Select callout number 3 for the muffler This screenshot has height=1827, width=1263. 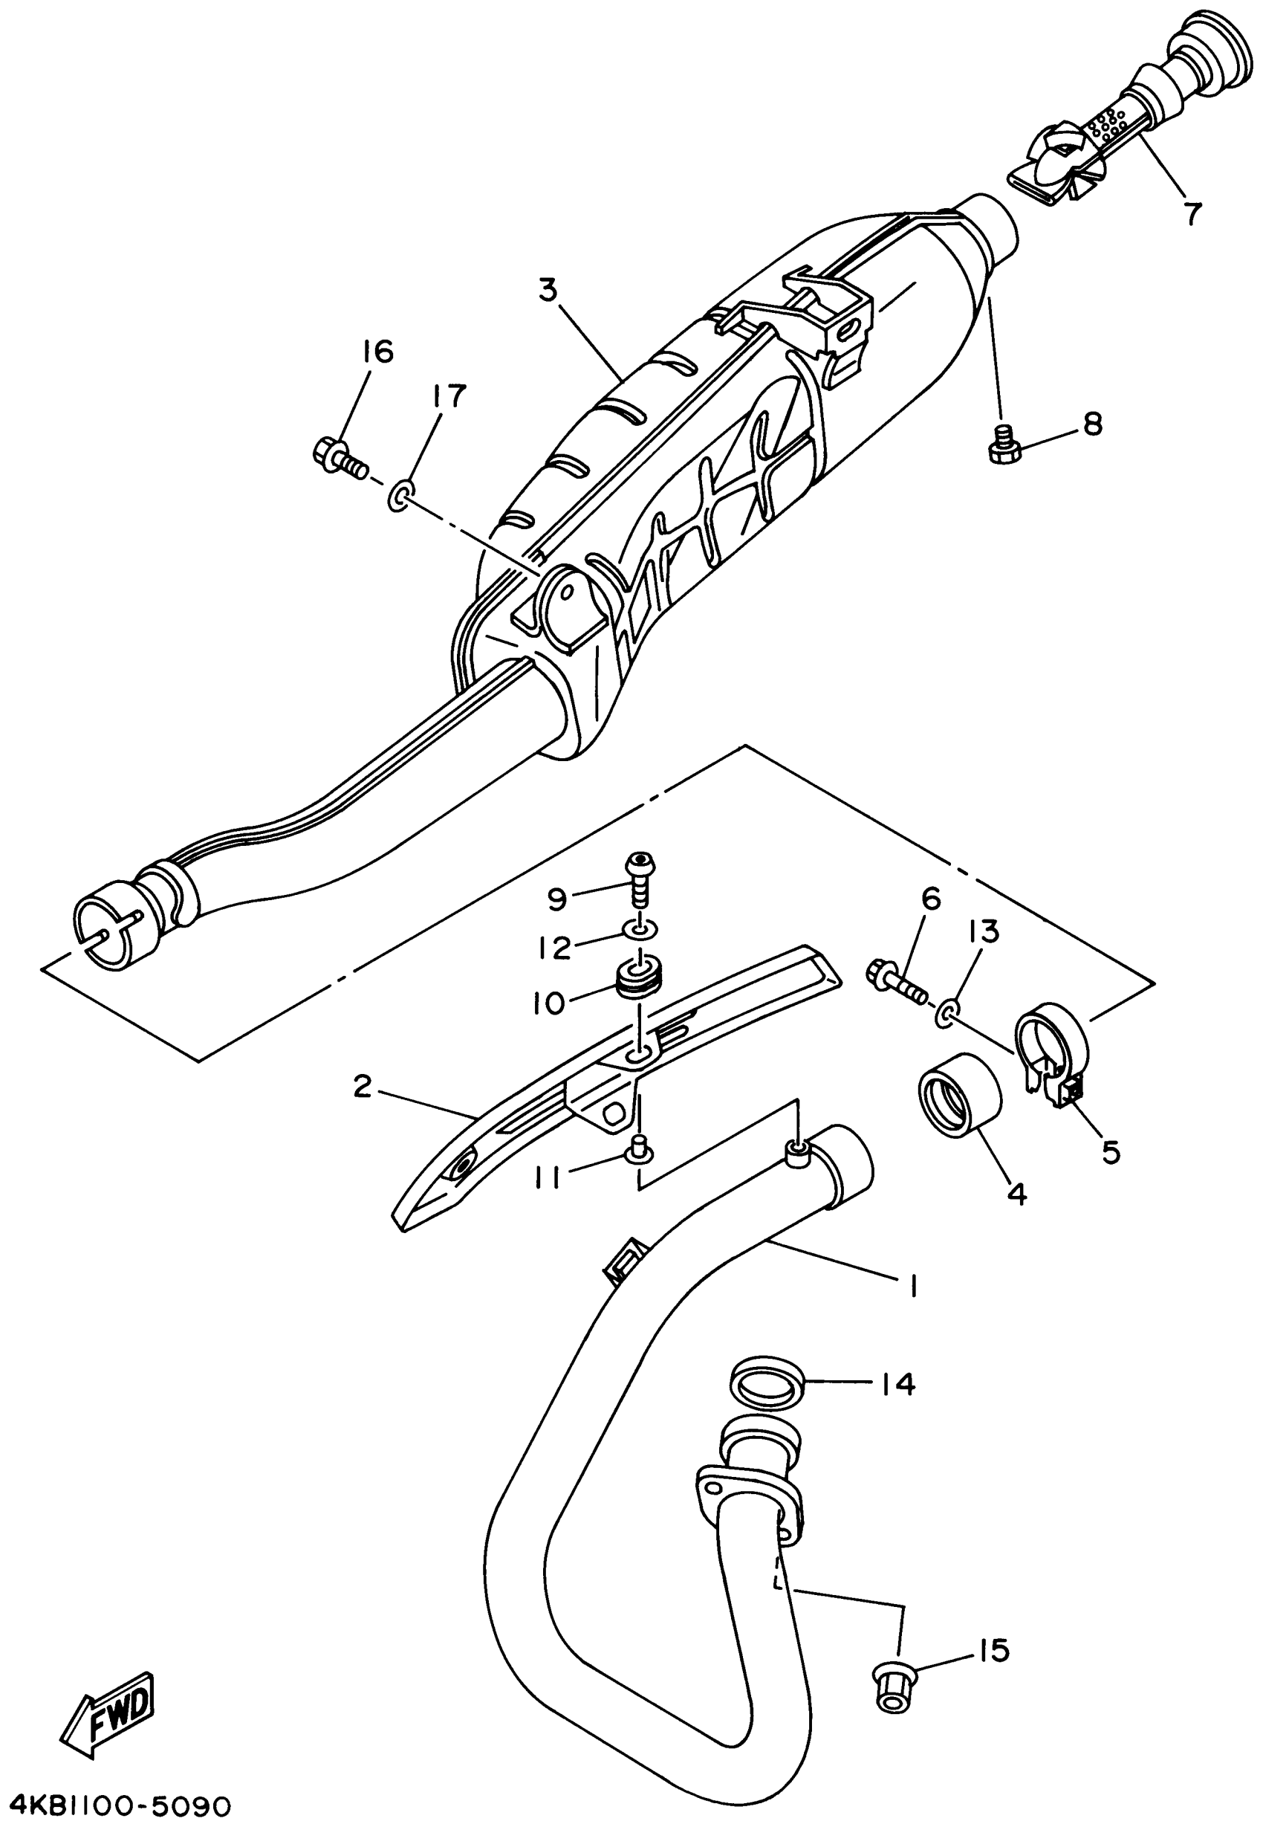[x=548, y=291]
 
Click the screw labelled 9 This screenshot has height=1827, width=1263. [x=640, y=879]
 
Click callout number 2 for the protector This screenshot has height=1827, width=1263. [x=362, y=1087]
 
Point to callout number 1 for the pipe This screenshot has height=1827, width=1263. [x=912, y=1287]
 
